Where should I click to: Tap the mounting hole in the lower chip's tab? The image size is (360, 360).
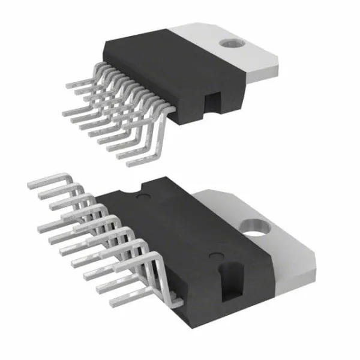(x=254, y=227)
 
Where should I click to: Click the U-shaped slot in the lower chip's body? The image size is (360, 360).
(x=230, y=278)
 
